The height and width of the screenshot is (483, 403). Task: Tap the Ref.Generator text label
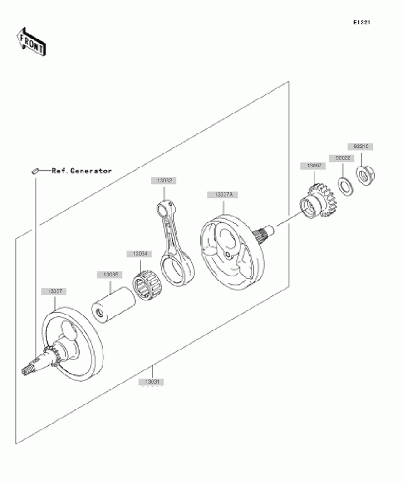click(81, 171)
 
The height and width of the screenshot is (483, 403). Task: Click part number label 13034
click(137, 254)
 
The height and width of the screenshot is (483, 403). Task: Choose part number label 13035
click(109, 275)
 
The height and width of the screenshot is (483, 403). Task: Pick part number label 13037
click(54, 292)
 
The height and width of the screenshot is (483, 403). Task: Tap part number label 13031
click(151, 382)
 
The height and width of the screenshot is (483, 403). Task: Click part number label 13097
click(313, 165)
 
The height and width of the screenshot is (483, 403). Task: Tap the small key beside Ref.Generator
click(36, 171)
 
